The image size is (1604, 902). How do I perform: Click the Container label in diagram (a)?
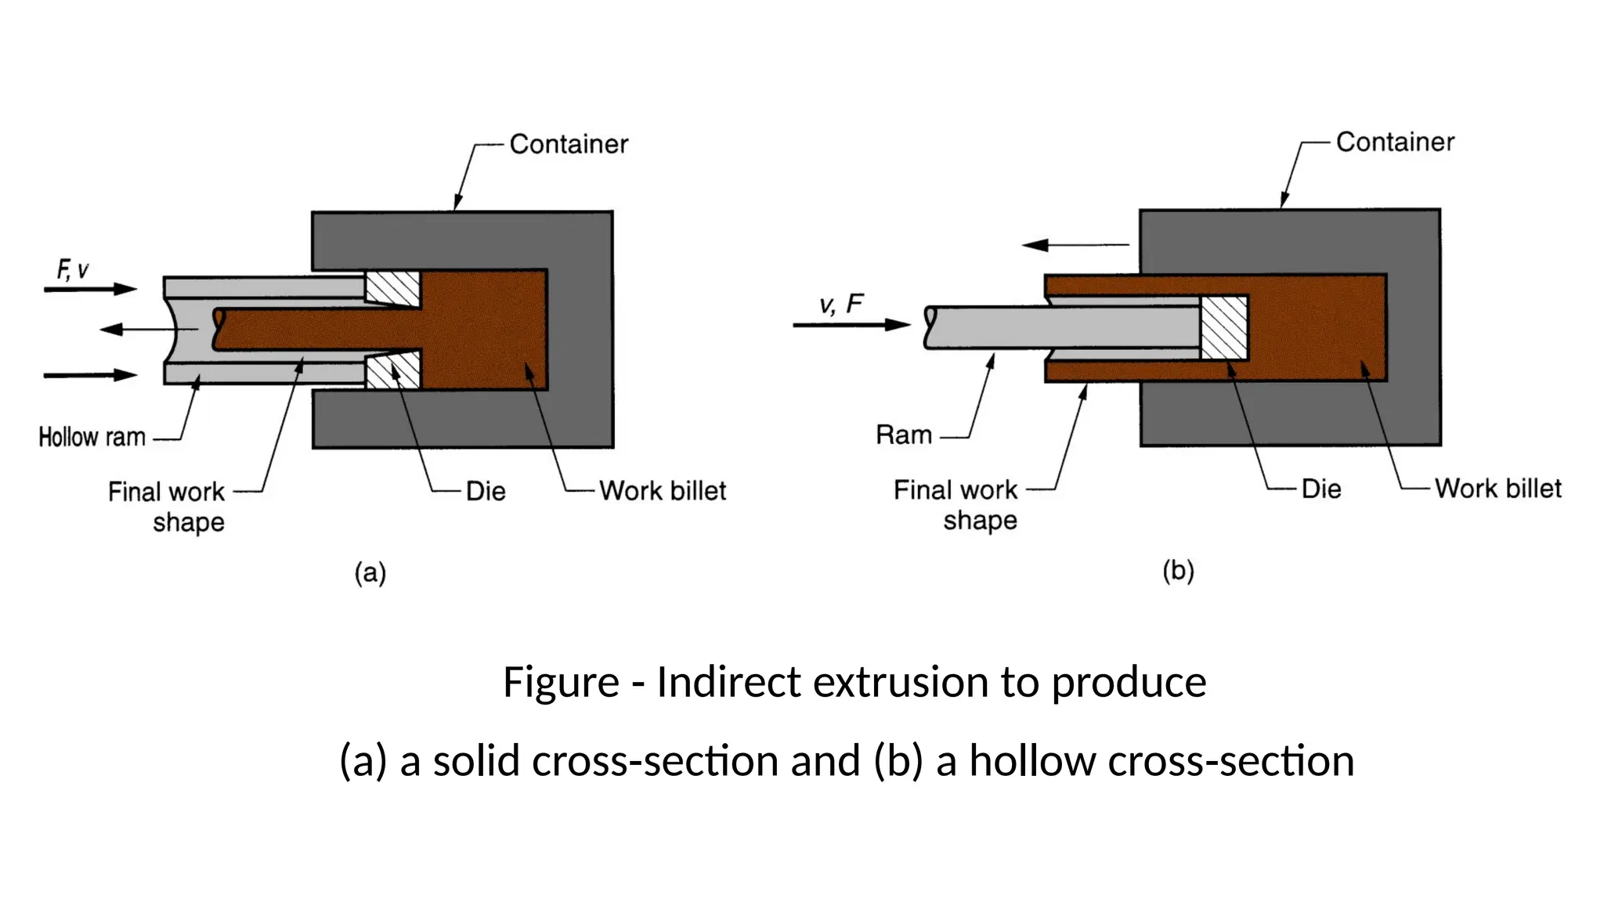569,144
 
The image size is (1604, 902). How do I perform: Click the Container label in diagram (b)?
1395,142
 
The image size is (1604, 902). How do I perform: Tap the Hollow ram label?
92,437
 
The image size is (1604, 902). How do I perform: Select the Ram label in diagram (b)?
904,435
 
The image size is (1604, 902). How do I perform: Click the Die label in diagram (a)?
486,491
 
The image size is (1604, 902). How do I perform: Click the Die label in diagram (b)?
1321,489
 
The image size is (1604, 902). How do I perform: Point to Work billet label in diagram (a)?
663,491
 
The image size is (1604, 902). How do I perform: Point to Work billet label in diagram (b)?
1497,489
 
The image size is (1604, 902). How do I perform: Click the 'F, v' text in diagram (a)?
72,270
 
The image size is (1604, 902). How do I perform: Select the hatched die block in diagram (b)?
1224,327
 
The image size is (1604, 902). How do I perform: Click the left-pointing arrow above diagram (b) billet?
1075,245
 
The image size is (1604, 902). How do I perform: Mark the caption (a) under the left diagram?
370,572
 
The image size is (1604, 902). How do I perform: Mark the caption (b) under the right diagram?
1178,570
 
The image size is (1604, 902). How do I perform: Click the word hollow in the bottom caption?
1032,761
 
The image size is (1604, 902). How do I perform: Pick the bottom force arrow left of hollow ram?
90,375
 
